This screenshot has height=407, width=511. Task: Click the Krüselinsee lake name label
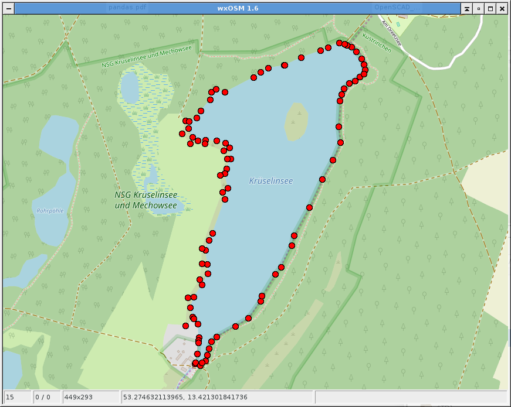point(270,182)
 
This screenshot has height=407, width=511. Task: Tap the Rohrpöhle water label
point(50,211)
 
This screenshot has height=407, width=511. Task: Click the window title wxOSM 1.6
point(237,8)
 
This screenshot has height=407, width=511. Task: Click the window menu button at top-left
point(9,8)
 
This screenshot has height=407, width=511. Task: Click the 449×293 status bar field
point(90,398)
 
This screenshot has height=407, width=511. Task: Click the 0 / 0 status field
point(46,398)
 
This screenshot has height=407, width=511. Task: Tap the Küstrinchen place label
point(377,43)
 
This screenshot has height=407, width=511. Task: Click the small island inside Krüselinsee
point(296,122)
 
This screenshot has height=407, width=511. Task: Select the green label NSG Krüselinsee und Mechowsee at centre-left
point(145,200)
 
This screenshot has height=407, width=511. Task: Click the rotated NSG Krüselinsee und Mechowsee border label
point(146,57)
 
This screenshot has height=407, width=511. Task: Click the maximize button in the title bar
point(490,8)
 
